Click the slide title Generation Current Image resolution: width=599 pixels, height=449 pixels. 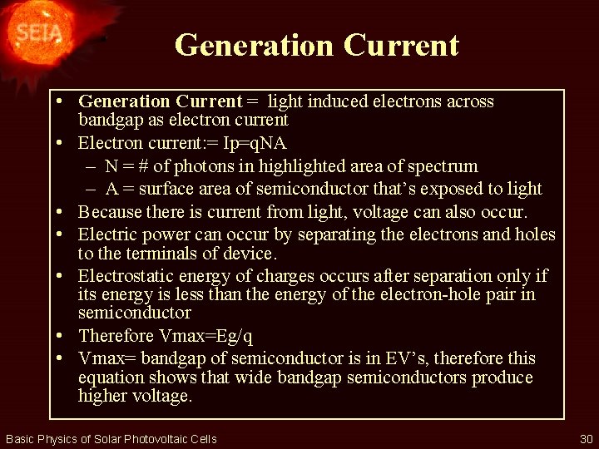[316, 45]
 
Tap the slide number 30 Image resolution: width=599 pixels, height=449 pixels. [586, 439]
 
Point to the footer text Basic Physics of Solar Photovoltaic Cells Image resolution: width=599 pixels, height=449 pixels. [111, 439]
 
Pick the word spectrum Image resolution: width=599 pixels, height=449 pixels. [440, 166]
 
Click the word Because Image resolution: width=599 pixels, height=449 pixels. [111, 212]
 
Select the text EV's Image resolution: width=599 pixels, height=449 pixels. [407, 358]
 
